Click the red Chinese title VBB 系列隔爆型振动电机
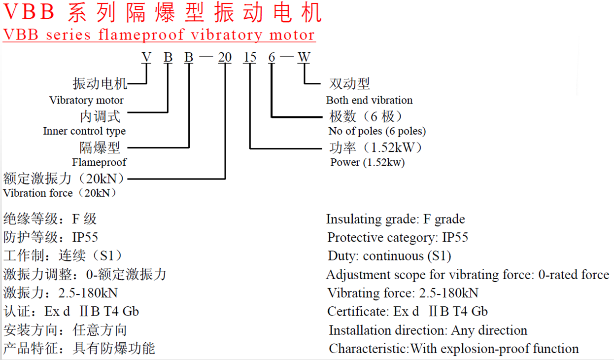coord(163,13)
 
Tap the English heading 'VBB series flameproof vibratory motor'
coord(159,35)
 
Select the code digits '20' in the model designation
coord(225,57)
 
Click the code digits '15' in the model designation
coord(250,57)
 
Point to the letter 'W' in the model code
coord(304,57)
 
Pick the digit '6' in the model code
coord(272,57)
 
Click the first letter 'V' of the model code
coord(146,57)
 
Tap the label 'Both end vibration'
coord(369,100)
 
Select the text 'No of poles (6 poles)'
coord(377,131)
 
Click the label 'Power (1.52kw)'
coord(368,162)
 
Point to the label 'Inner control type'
coord(84,131)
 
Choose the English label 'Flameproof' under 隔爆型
coord(100,162)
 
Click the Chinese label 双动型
coord(349,84)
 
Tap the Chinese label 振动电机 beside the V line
coord(100,84)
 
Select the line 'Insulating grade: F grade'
coord(395,219)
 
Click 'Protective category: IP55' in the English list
coord(398,238)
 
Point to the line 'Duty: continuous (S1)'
coord(389,256)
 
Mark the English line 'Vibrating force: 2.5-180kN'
coord(403,293)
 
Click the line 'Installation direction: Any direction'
coord(428,330)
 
